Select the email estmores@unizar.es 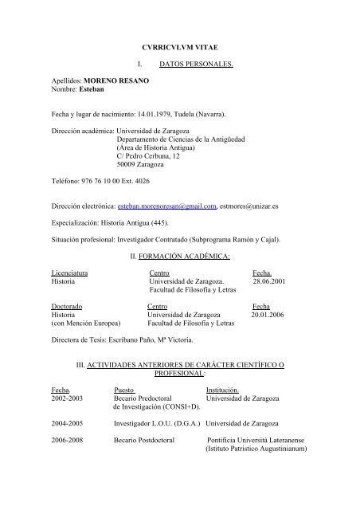click(x=254, y=205)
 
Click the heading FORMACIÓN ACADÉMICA click(x=184, y=256)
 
